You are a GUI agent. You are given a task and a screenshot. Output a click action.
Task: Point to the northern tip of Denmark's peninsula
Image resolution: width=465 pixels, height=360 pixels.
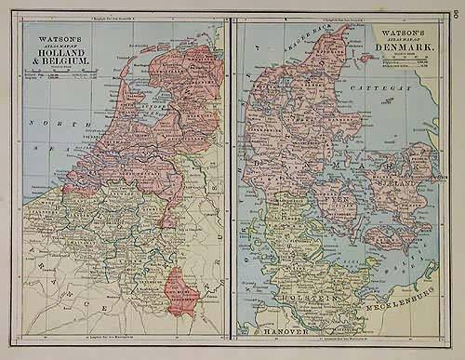(x=349, y=28)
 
